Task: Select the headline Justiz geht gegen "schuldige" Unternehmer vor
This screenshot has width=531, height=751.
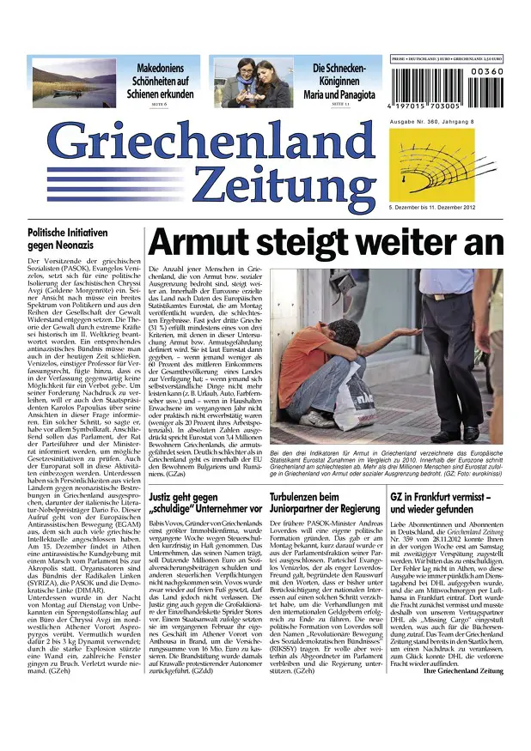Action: (x=204, y=502)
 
